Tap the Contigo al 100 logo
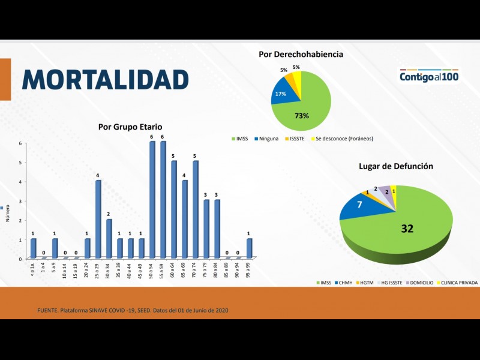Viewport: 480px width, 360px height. [x=429, y=77]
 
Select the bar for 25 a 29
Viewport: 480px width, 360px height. [x=98, y=219]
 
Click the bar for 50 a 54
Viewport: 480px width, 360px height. [x=152, y=200]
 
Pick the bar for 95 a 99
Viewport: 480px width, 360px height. [x=250, y=248]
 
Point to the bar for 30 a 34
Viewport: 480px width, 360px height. [x=109, y=238]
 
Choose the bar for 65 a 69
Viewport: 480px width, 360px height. [x=185, y=219]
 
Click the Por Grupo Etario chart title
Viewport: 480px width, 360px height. [x=130, y=127]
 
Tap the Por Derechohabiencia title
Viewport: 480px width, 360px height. [x=301, y=55]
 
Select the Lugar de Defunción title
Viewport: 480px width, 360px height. [x=395, y=166]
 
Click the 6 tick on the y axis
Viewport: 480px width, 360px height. [x=20, y=143]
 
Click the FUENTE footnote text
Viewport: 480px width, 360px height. [x=133, y=310]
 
